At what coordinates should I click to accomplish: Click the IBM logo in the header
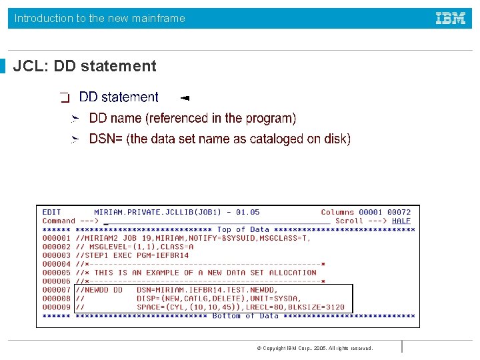[x=451, y=19]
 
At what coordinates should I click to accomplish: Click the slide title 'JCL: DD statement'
[x=85, y=66]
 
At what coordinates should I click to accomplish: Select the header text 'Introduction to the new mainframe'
[x=100, y=19]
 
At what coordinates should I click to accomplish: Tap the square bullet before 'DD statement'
[x=65, y=98]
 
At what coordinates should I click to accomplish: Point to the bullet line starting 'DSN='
[x=219, y=139]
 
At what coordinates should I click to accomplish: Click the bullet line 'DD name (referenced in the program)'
[x=193, y=118]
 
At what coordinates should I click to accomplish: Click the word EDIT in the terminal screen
[x=51, y=212]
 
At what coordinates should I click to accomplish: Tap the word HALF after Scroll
[x=401, y=221]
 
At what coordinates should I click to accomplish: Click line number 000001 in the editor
[x=56, y=238]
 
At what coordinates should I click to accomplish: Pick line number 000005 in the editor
[x=56, y=273]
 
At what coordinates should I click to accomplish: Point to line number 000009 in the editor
[x=56, y=307]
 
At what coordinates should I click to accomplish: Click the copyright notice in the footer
[x=315, y=348]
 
